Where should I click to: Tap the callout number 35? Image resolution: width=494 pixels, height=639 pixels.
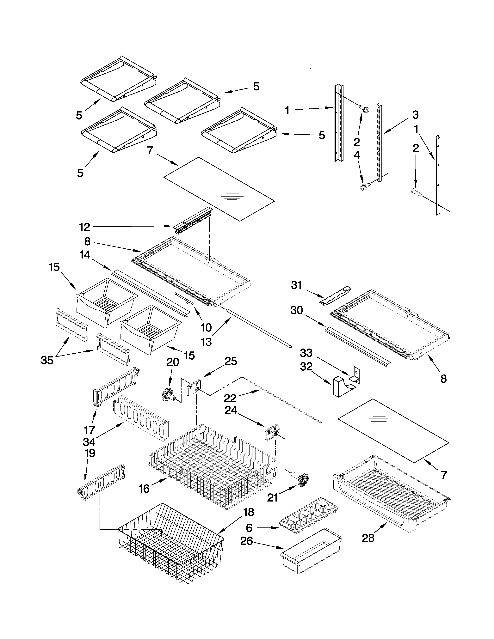coord(47,361)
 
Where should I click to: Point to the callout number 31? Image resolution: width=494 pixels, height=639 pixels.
coord(296,285)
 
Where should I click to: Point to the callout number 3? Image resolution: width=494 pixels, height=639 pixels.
coord(415,115)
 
